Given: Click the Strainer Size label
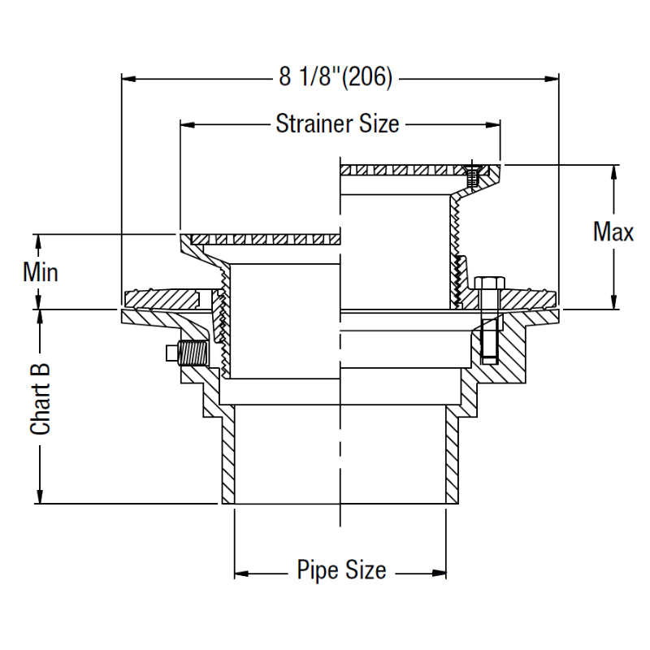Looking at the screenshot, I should click(x=337, y=124).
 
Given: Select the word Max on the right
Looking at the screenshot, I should click(x=613, y=232).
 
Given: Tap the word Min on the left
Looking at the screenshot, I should click(x=40, y=271).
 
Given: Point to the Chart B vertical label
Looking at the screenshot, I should click(x=41, y=398).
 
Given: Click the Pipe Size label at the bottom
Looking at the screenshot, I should click(x=341, y=570).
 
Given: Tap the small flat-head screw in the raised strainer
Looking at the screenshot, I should click(x=470, y=172).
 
